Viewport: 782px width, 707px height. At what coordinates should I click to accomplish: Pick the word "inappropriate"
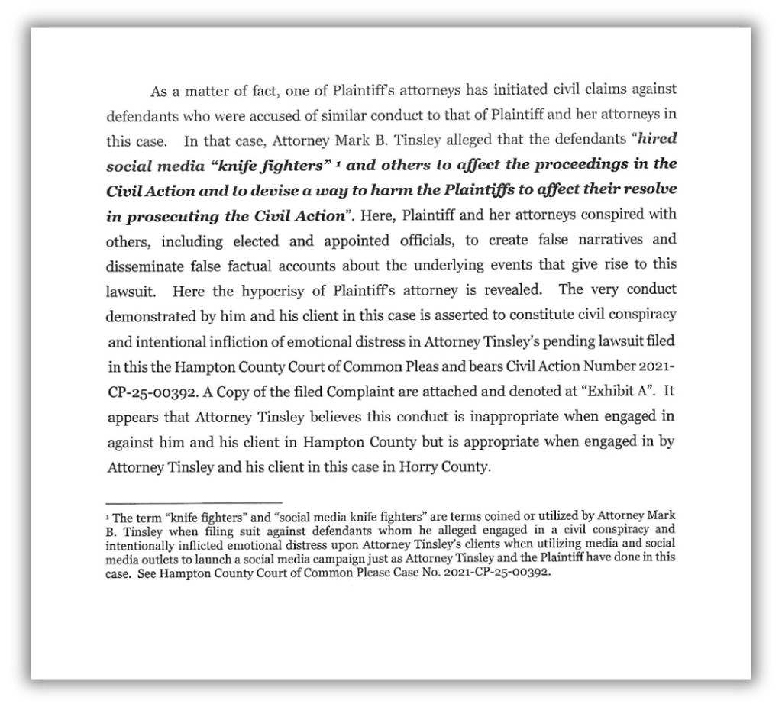473,417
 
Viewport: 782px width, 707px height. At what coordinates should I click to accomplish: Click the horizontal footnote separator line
194,502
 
